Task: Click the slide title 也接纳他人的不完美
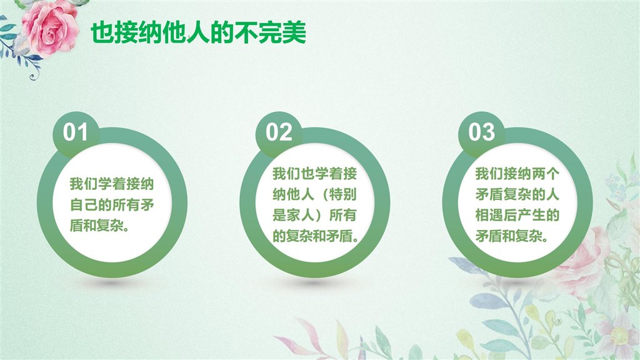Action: click(x=198, y=32)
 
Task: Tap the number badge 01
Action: click(x=76, y=132)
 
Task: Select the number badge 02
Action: click(x=279, y=132)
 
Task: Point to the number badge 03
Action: click(x=481, y=132)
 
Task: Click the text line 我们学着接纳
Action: click(x=112, y=184)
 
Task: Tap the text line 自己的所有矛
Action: click(x=112, y=204)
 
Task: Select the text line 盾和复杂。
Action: click(x=99, y=225)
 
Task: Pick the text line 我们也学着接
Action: click(x=315, y=174)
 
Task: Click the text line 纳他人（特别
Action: click(x=315, y=194)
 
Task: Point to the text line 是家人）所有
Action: click(x=315, y=215)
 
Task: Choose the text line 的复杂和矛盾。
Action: click(x=316, y=236)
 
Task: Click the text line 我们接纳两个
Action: click(x=517, y=174)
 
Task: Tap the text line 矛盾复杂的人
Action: click(x=517, y=194)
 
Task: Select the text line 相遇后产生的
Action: click(x=517, y=215)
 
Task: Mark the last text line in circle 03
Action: click(x=512, y=236)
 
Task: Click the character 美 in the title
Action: click(x=294, y=32)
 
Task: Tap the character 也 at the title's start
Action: click(x=102, y=32)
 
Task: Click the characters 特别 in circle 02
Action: click(x=343, y=194)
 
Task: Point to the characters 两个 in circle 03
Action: click(x=546, y=174)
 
